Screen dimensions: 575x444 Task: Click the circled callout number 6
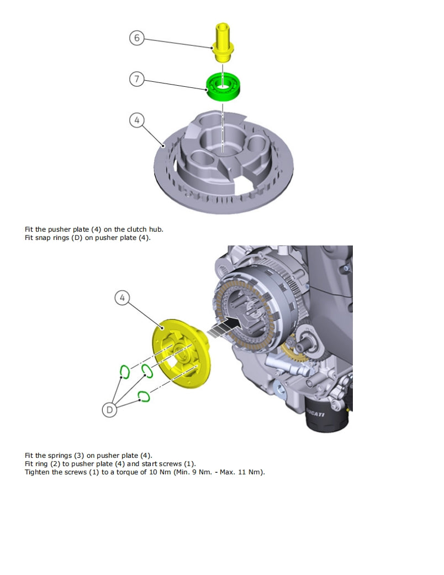137,38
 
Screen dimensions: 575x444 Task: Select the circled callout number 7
137,79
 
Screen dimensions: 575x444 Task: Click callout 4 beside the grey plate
137,120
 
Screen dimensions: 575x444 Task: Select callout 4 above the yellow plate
123,298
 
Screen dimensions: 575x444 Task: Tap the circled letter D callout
110,410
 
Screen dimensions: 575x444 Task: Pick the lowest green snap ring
144,396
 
